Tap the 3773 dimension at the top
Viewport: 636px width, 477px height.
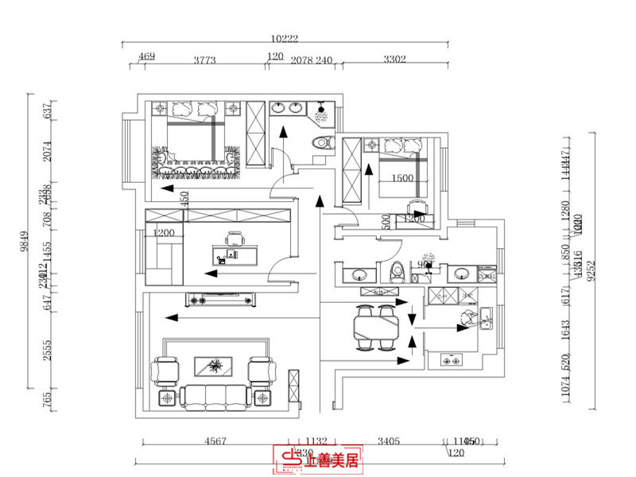206,57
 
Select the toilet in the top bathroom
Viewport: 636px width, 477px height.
321,143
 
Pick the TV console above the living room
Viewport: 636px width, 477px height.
222,299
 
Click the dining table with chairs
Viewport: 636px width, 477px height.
376,328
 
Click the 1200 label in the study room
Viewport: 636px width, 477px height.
165,233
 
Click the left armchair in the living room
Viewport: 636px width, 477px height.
167,370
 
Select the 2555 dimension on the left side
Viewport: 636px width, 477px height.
47,351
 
